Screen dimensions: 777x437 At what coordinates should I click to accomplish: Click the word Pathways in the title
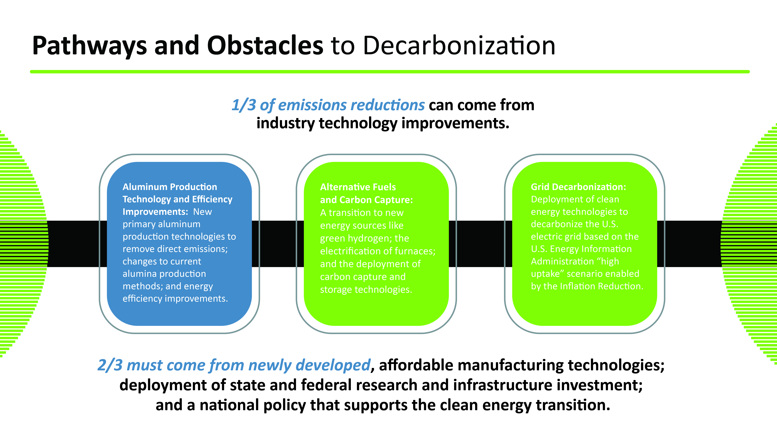[90, 46]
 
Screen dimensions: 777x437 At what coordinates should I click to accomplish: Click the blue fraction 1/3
[244, 105]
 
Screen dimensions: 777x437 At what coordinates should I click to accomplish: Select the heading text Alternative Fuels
[358, 187]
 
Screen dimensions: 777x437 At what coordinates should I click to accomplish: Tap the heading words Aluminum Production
[170, 187]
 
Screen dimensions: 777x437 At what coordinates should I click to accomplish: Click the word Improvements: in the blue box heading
[155, 212]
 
